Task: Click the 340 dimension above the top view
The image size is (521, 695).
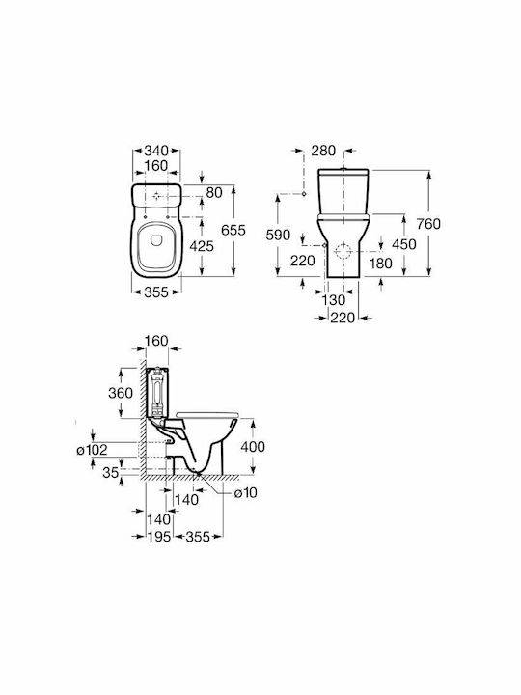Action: pos(156,151)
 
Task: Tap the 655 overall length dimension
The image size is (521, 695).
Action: pos(233,230)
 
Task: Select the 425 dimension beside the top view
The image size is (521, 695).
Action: pos(202,246)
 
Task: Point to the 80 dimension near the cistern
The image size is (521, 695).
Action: pos(214,192)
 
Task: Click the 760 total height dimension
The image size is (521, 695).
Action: pos(428,224)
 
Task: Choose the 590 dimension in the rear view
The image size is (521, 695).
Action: pos(278,235)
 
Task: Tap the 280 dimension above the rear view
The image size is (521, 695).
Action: pos(323,151)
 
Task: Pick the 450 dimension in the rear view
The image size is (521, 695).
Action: pos(404,244)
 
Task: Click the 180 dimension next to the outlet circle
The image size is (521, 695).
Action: pos(380,264)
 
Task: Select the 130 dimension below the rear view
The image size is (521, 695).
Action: pos(333,300)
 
